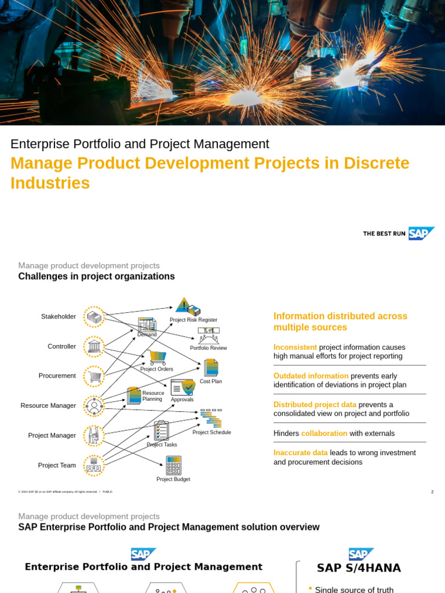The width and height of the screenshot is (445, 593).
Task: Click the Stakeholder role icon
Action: [94, 317]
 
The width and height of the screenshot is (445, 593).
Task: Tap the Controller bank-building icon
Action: [94, 347]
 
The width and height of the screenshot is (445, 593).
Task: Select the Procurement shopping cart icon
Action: [94, 376]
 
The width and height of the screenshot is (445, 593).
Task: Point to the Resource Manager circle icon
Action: [94, 406]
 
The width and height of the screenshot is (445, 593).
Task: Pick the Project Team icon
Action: [94, 465]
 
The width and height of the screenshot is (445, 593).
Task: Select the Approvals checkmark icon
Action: [183, 388]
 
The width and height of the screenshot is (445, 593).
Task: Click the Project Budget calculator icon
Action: [173, 466]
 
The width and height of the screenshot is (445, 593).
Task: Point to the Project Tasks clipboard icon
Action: [162, 431]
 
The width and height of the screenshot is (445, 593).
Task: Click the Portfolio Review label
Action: [209, 348]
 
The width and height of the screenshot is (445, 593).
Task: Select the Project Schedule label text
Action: [211, 433]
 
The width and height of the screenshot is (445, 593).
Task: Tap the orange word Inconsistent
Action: [295, 347]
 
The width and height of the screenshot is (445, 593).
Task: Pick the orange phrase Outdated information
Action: [311, 376]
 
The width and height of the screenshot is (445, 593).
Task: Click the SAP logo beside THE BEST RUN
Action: [421, 233]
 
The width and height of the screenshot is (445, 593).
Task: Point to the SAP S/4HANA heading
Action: [359, 568]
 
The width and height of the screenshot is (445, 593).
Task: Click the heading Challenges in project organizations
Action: [96, 277]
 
